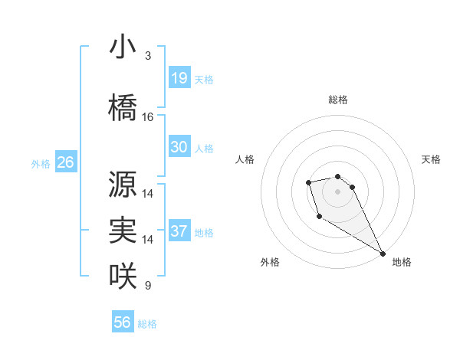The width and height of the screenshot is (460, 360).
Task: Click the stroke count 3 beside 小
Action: [148, 56]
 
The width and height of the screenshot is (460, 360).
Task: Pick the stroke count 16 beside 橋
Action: [148, 117]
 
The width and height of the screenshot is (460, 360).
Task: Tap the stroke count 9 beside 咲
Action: [148, 286]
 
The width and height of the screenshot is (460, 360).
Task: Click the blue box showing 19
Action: [179, 78]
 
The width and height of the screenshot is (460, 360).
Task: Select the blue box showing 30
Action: [179, 147]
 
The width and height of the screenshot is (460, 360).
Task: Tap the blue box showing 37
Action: [179, 231]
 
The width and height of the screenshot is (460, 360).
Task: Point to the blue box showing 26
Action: [65, 162]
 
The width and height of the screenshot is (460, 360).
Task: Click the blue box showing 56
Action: [123, 322]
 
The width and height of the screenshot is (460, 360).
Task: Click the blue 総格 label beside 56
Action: [147, 324]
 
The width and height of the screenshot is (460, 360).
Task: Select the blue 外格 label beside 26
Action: [41, 164]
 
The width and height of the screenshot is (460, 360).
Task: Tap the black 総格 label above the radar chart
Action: [338, 100]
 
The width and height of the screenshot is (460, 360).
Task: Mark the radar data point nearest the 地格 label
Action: [383, 253]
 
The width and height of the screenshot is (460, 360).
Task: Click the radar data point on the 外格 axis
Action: [320, 217]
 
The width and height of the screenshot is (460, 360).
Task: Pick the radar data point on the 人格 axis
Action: [308, 182]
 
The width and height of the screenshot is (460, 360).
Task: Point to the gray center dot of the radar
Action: [338, 191]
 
